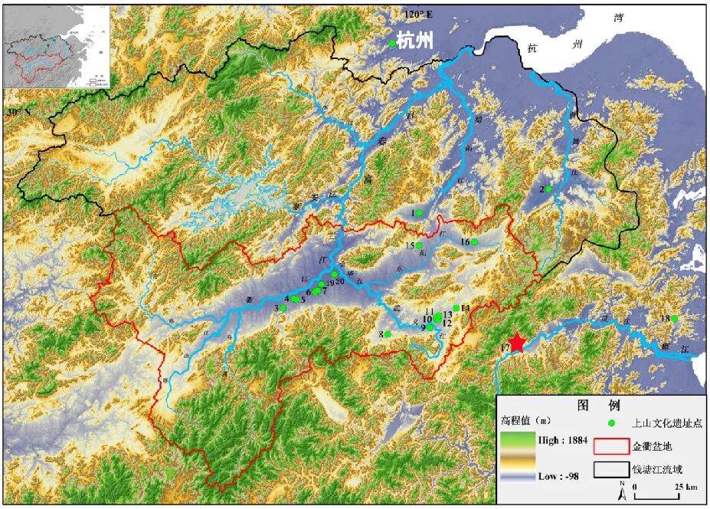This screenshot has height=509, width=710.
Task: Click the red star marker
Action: pos(519,343)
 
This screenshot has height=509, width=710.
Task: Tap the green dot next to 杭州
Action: pos(392,44)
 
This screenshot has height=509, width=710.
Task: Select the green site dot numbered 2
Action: pos(549,189)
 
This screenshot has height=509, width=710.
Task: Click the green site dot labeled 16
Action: pos(474,242)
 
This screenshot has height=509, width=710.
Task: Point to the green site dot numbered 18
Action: pos(675,318)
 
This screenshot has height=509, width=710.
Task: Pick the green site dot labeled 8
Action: pos(388,334)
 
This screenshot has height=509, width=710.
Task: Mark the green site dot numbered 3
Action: pos(283,307)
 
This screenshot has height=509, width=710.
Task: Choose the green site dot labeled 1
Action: pos(419,212)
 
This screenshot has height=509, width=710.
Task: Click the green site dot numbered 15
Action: pos(419,245)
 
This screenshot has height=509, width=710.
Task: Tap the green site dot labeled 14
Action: pos(456,308)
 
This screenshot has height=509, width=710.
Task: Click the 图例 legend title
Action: pos(600,404)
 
